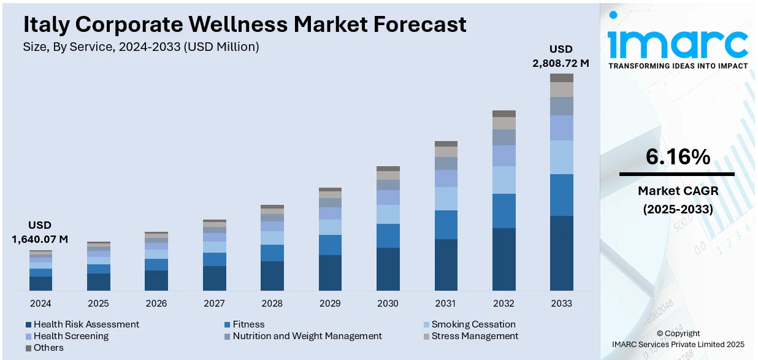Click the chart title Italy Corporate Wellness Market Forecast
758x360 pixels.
245,25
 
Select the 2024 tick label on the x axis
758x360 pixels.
40,303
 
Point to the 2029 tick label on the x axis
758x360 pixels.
330,303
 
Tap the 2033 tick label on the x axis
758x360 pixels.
561,303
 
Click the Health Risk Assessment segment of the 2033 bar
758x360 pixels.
561,253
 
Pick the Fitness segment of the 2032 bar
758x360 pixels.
503,211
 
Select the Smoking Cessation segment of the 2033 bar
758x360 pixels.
561,157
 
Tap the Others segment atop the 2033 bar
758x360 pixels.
561,78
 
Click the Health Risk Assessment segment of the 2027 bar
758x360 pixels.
214,278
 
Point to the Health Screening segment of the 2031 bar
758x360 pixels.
446,178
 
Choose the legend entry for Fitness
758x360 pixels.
248,324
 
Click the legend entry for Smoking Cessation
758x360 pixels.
473,324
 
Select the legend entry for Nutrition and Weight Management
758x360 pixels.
307,336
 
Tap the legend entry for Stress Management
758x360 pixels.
474,336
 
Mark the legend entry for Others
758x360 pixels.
48,348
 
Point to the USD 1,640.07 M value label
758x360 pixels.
40,232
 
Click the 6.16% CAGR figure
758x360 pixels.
678,158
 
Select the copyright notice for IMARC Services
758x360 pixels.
678,339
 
